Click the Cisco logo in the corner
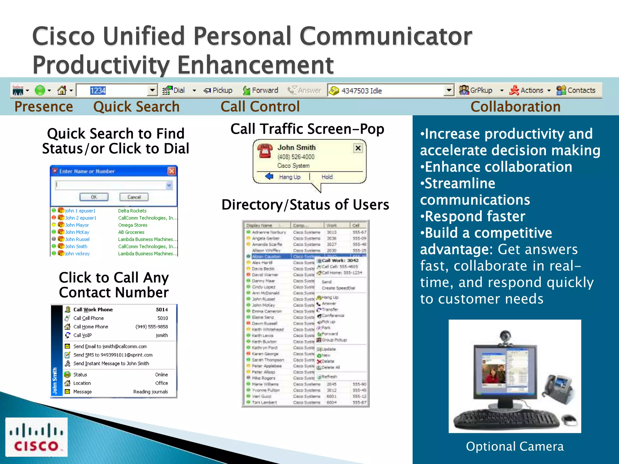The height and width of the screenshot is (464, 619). pos(36,437)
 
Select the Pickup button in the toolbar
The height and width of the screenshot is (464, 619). pos(218,90)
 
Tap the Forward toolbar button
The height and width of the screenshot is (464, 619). pos(261,90)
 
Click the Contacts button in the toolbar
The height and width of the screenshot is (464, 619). pos(576,90)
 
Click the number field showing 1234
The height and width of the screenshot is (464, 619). pos(112,91)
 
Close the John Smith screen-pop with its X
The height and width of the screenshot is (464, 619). pos(358,148)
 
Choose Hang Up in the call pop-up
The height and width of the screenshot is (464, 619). pos(289,177)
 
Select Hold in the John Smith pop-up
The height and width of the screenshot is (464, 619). pos(327,177)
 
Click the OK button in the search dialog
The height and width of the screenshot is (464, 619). pos(94,197)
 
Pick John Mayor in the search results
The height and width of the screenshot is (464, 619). pos(77,225)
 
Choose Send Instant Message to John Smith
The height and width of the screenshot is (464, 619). pos(111,363)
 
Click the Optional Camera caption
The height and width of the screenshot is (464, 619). pos(515,446)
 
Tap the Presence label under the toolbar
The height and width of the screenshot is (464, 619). pos(44,107)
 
